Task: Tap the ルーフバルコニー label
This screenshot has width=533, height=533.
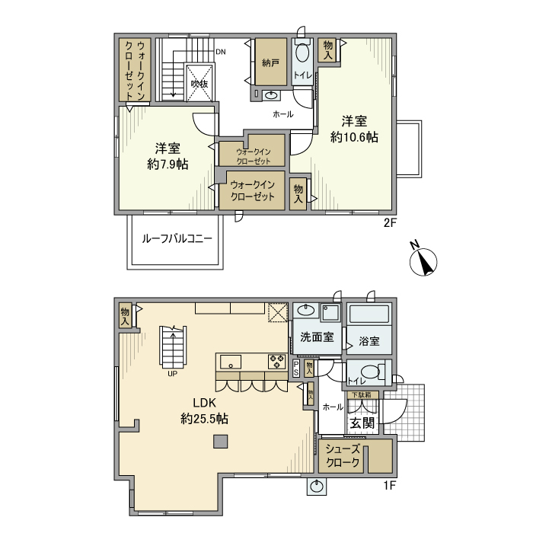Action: [177, 238]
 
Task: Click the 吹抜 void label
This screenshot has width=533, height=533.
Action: [199, 84]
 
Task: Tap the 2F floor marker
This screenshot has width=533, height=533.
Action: [390, 223]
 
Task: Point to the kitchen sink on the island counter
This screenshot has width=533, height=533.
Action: [231, 360]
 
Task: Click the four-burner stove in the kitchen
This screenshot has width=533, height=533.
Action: [275, 360]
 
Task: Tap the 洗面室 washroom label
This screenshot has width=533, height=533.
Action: [316, 337]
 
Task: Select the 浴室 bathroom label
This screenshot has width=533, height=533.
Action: [369, 341]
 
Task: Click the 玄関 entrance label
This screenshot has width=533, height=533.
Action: [362, 423]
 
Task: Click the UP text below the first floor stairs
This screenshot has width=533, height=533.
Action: [173, 374]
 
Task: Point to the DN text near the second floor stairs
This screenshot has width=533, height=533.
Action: [220, 52]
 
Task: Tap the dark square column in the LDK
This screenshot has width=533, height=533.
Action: [220, 440]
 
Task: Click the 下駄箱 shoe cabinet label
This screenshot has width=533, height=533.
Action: [361, 394]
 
